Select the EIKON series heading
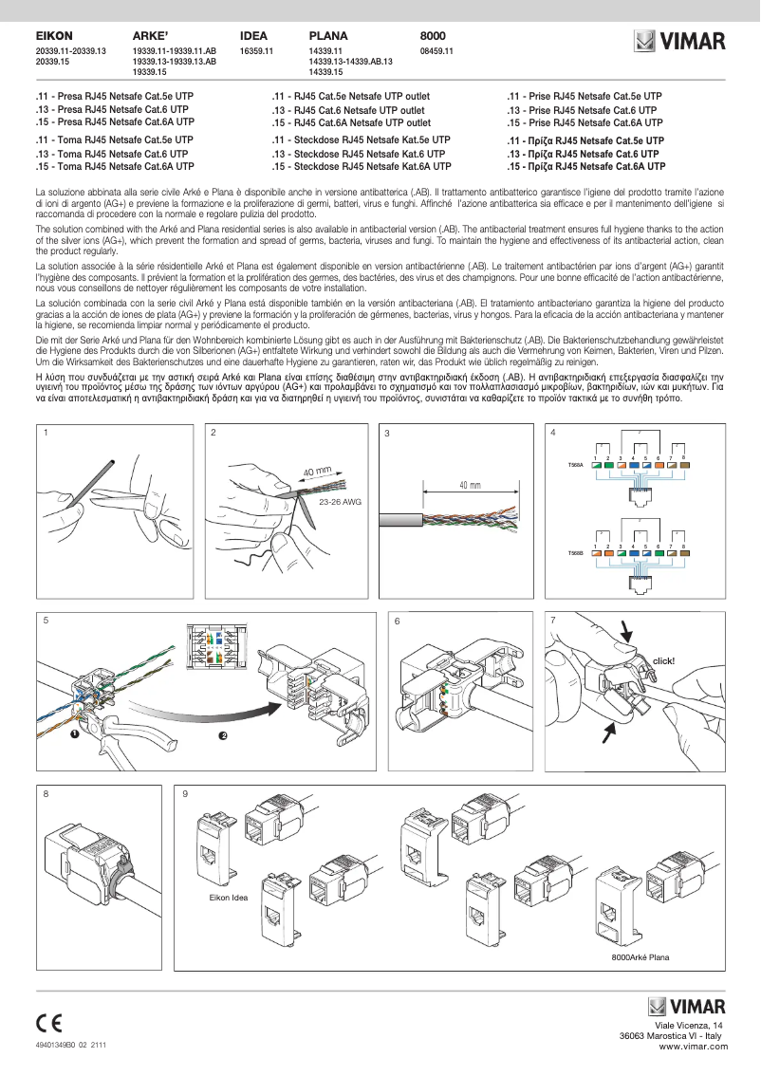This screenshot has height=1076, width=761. point(54,35)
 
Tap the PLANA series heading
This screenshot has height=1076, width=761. point(328,35)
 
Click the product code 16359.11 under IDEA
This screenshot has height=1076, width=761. point(256,50)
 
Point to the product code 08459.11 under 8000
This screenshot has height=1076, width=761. point(436,50)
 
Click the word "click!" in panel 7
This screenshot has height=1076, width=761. point(663,660)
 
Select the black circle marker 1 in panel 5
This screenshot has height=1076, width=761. point(74,734)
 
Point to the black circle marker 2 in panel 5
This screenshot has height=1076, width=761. point(222,735)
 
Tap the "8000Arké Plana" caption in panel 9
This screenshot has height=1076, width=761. point(641,958)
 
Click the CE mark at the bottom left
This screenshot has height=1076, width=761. point(49,1023)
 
